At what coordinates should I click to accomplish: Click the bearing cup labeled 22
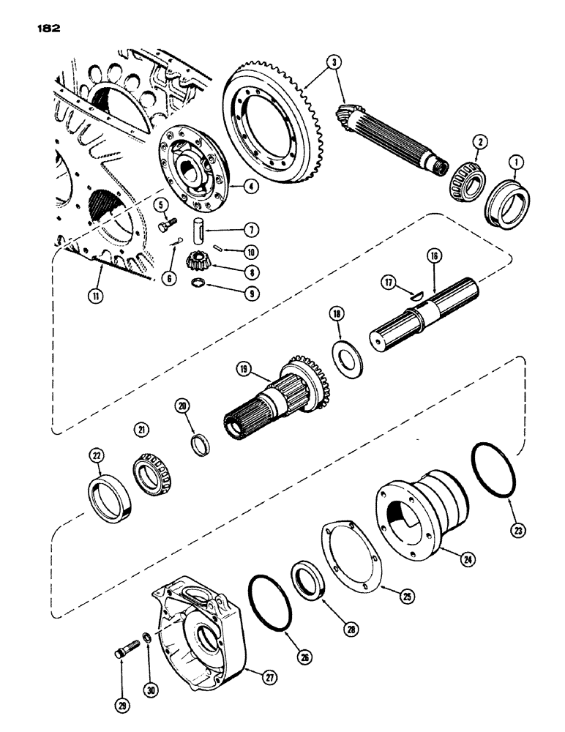pos(110,498)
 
